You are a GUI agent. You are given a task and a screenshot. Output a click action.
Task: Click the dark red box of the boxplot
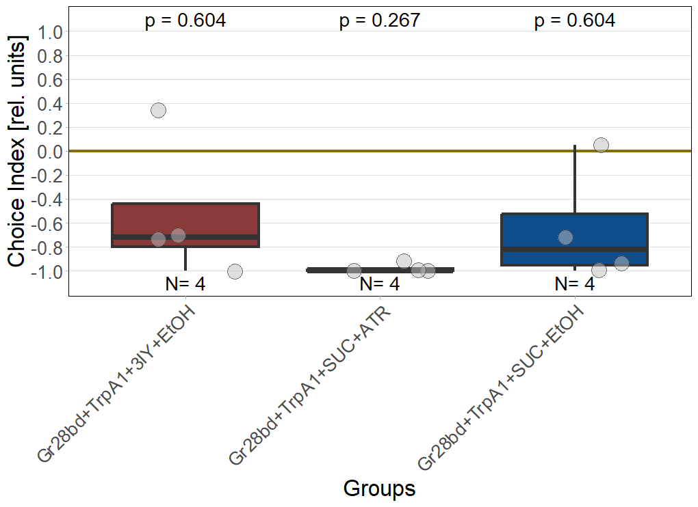click(x=185, y=225)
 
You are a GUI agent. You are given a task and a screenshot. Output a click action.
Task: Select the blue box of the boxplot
click(x=574, y=240)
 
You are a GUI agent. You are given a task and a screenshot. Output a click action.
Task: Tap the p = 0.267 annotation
click(x=380, y=21)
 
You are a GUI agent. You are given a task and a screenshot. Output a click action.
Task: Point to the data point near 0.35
click(x=159, y=110)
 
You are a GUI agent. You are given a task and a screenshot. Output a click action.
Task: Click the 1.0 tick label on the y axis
click(x=50, y=32)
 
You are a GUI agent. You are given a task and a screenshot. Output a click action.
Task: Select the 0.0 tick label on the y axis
click(x=50, y=152)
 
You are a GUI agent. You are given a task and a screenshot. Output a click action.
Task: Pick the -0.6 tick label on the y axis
click(x=47, y=223)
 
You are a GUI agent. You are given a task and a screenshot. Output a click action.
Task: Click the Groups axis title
click(x=379, y=489)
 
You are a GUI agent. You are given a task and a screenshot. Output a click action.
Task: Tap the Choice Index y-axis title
click(x=16, y=151)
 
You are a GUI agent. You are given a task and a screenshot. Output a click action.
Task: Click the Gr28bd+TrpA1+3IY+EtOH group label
click(x=116, y=385)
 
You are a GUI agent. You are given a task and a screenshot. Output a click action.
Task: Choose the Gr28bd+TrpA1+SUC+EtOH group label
click(x=501, y=387)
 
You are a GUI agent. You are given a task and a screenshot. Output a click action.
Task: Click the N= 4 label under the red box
click(x=185, y=284)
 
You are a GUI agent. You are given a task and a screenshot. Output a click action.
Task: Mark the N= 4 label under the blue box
click(x=575, y=284)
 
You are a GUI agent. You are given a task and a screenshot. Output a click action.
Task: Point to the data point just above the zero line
click(x=601, y=145)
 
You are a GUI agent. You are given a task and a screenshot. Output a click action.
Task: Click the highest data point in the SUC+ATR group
click(x=404, y=261)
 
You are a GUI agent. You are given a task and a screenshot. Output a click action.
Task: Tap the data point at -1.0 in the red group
click(x=235, y=271)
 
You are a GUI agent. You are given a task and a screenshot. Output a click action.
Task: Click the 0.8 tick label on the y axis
click(x=50, y=56)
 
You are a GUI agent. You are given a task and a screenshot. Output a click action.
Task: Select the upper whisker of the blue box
click(x=575, y=179)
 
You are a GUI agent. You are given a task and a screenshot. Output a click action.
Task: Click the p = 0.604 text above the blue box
click(x=575, y=21)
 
